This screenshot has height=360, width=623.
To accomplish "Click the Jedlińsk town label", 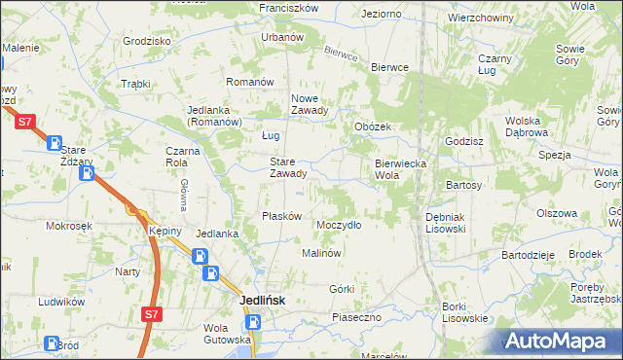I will pos(263,301).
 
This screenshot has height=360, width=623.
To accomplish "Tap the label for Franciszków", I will pos(289,7).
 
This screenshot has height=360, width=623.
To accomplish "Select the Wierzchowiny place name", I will pos(481,18).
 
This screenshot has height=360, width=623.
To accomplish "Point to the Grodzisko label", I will pos(147,41).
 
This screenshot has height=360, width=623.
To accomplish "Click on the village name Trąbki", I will pos(134,84).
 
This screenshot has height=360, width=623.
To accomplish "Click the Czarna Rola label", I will pos(182,157).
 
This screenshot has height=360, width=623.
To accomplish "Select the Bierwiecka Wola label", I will pos(401,169).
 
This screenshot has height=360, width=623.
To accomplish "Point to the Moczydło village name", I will pos(339,225).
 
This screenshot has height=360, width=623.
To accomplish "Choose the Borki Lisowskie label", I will pos(464,312).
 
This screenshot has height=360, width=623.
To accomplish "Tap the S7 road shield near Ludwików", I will pos(150,314).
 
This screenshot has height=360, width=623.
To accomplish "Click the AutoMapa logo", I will pos(562,342).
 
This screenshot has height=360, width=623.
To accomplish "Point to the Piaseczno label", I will pos(361,317).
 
